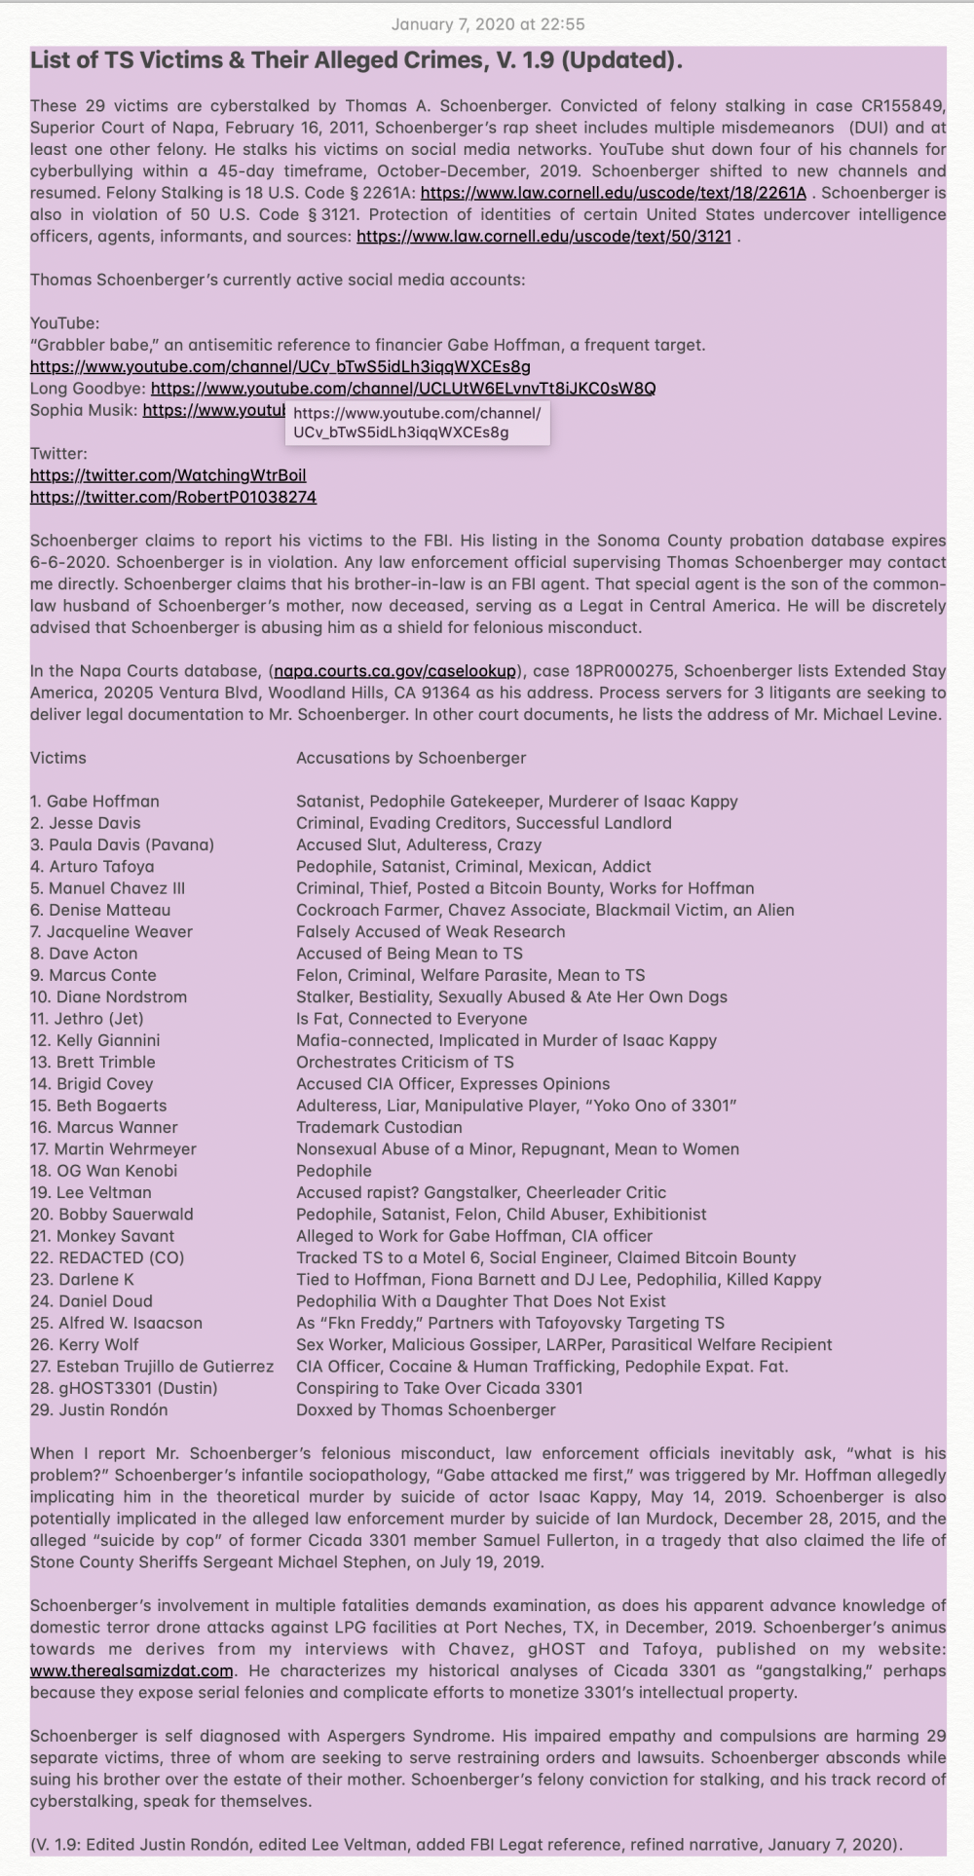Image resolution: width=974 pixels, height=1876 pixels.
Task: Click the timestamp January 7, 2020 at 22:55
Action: [487, 24]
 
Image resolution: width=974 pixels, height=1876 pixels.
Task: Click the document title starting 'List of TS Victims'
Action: [356, 60]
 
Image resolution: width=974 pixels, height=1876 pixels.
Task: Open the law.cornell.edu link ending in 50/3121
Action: [543, 237]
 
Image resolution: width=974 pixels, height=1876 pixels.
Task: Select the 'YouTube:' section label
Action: [64, 323]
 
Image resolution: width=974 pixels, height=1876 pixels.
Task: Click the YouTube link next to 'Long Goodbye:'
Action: [403, 389]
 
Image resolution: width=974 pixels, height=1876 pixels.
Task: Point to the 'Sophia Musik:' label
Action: [84, 410]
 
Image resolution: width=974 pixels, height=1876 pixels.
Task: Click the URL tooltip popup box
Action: [417, 423]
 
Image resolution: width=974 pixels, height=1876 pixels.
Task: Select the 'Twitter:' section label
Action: [58, 454]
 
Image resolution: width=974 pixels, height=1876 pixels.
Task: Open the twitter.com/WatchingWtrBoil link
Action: [168, 475]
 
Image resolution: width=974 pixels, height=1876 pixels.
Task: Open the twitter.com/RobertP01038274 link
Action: [173, 497]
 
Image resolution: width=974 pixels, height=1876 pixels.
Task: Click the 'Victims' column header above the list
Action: [58, 758]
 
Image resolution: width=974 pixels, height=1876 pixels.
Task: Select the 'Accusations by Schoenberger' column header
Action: [411, 758]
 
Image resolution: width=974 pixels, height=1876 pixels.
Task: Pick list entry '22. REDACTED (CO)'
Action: [107, 1257]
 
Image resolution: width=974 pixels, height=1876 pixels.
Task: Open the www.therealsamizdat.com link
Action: [131, 1670]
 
